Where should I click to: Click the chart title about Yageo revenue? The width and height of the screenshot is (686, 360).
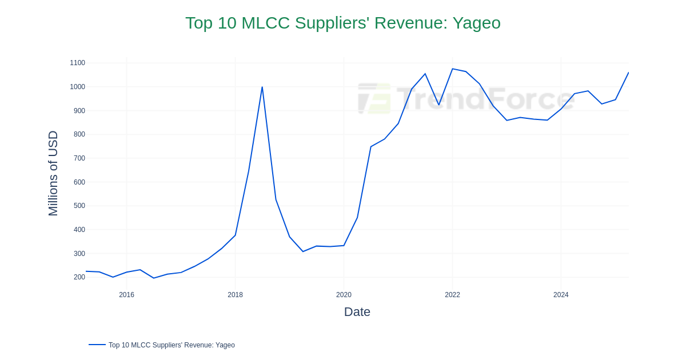(342, 23)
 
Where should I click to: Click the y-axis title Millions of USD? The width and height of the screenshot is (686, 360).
(53, 173)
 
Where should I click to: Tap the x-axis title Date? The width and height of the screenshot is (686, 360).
(357, 312)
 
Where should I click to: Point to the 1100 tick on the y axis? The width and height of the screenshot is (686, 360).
(77, 63)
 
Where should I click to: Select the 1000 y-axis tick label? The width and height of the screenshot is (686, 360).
(77, 87)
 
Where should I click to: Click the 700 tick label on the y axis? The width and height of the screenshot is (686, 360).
(79, 158)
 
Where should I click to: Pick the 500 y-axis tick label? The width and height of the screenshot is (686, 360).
(79, 206)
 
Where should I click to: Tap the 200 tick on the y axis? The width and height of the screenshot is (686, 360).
(79, 277)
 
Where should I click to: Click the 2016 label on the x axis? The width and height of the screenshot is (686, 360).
(126, 295)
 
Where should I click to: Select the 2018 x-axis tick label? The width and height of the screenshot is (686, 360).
(235, 295)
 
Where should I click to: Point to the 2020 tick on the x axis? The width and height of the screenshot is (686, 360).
(344, 295)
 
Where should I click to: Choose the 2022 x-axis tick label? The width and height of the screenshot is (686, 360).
(452, 295)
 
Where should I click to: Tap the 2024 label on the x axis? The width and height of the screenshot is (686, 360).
(561, 295)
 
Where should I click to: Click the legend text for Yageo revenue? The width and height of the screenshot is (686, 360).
(171, 345)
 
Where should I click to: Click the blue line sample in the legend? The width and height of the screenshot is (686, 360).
(97, 345)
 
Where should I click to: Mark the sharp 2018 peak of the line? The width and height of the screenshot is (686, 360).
(262, 87)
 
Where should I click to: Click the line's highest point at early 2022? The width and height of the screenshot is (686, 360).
(452, 69)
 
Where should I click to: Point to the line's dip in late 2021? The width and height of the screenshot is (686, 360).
(439, 105)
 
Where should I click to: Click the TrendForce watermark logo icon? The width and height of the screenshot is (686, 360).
(374, 98)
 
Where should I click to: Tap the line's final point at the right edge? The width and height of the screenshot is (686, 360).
(628, 73)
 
